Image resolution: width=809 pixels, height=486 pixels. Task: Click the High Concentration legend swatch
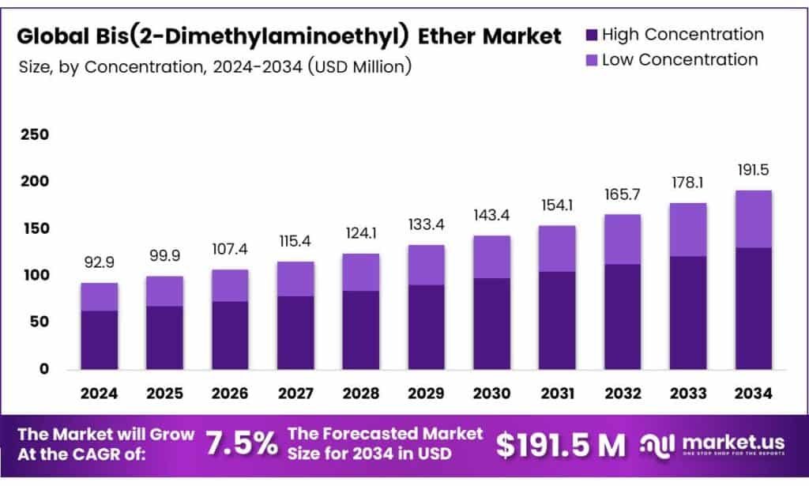click(592, 35)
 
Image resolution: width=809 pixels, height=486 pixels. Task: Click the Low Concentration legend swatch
click(592, 60)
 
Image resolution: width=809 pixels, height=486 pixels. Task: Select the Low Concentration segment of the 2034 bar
click(752, 219)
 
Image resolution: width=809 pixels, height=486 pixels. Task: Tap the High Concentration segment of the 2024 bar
click(100, 340)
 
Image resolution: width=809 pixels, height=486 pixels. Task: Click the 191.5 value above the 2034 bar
click(752, 170)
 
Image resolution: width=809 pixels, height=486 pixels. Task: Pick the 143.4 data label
click(491, 215)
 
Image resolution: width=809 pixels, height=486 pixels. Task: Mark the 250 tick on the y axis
click(34, 135)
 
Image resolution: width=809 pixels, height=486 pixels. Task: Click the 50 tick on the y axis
click(38, 322)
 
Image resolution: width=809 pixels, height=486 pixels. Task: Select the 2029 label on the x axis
click(426, 393)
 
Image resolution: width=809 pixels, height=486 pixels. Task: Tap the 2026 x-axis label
click(230, 393)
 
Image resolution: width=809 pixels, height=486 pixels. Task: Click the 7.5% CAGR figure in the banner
click(242, 445)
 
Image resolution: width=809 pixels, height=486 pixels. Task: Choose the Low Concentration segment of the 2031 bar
click(556, 248)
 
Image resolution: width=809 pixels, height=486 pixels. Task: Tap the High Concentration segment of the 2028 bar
click(360, 330)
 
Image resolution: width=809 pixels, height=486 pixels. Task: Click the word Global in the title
click(49, 36)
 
